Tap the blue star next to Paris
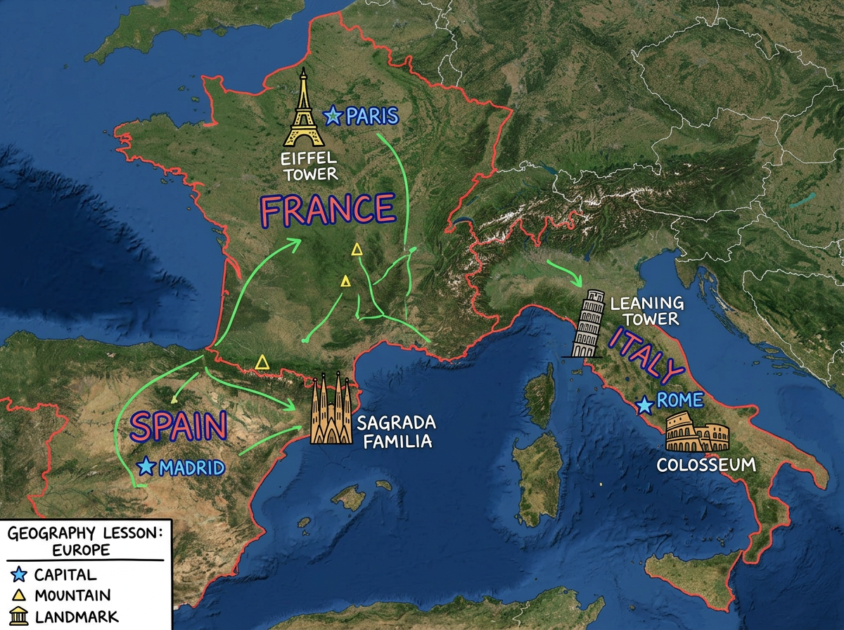[x=333, y=115]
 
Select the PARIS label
[x=372, y=116]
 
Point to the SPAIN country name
[x=179, y=427]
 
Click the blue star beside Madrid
[x=146, y=466]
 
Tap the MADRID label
[x=192, y=467]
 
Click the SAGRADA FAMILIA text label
[x=396, y=432]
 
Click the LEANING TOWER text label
[x=646, y=311]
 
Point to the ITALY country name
[x=646, y=357]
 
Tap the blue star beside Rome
[x=644, y=405]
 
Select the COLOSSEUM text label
[x=705, y=465]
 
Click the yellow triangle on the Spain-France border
[x=262, y=362]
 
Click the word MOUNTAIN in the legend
[x=72, y=596]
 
